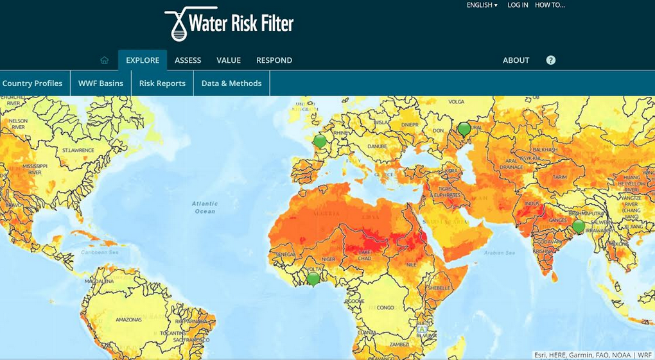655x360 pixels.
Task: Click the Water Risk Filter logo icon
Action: coord(177,24)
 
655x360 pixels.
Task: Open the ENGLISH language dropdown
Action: coord(482,5)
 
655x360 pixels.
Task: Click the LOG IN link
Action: coord(518,5)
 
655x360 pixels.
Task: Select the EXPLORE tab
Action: coord(143,60)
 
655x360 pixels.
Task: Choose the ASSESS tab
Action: coord(188,60)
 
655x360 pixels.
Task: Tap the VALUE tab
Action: coord(229,60)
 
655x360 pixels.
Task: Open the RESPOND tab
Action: coord(274,60)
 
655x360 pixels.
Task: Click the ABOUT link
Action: coord(516,60)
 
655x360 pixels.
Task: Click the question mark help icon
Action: coord(551,60)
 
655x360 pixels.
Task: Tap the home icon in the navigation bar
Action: coord(105,60)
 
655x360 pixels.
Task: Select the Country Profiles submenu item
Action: coord(32,83)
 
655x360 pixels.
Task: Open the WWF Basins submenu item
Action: coord(101,83)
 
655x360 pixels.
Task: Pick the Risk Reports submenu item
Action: coord(162,83)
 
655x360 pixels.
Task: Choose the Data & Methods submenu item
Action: coord(232,83)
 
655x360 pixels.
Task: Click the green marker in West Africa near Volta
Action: coord(313,279)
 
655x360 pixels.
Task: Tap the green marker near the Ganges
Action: coord(579,226)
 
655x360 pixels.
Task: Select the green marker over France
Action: coord(320,141)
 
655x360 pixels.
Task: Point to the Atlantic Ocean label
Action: coord(205,207)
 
